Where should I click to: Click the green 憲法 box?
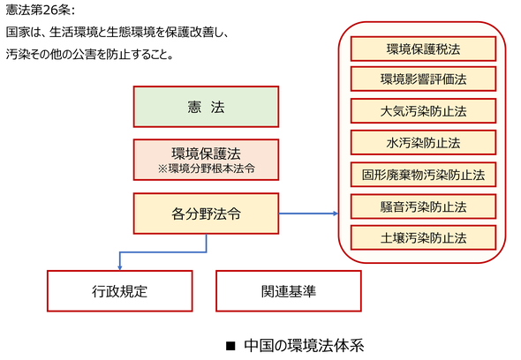pyautogui.click(x=206, y=107)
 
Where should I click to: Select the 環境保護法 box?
pyautogui.click(x=206, y=160)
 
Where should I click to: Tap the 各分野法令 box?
pyautogui.click(x=206, y=214)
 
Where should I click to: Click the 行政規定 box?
pyautogui.click(x=119, y=291)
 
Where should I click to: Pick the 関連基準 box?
pyautogui.click(x=289, y=291)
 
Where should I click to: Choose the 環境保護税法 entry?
pyautogui.click(x=423, y=49)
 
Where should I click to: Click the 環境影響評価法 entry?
pyautogui.click(x=423, y=79)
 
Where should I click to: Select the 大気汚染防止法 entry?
pyautogui.click(x=423, y=111)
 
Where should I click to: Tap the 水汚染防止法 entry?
pyautogui.click(x=423, y=143)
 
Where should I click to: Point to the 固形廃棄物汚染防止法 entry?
pyautogui.click(x=423, y=175)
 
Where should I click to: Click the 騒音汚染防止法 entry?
pyautogui.click(x=423, y=206)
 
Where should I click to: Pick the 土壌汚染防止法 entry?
pyautogui.click(x=423, y=237)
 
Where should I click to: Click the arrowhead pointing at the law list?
pyautogui.click(x=336, y=214)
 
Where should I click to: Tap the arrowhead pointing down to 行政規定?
pyautogui.click(x=119, y=267)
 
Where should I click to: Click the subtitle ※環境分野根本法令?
pyautogui.click(x=207, y=169)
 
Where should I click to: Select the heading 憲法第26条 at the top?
pyautogui.click(x=41, y=11)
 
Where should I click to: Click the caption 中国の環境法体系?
pyautogui.click(x=304, y=345)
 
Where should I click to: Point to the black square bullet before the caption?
pyautogui.click(x=230, y=346)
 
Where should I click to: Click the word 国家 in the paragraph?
pyautogui.click(x=18, y=33)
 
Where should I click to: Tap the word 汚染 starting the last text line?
pyautogui.click(x=18, y=54)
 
